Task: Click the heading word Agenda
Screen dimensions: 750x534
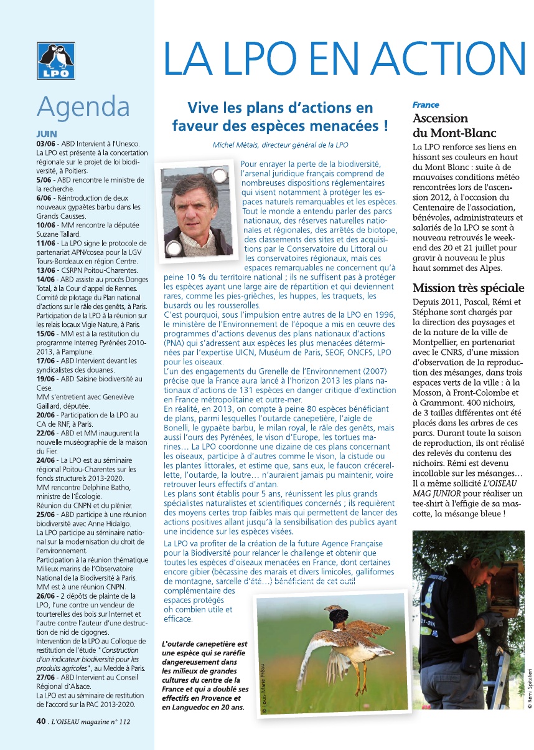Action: [83, 107]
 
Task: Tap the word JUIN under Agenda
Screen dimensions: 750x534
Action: [47, 134]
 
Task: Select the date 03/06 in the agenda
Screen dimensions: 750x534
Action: [45, 144]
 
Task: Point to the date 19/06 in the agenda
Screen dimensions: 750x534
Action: [45, 379]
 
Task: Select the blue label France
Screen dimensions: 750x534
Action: [426, 105]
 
